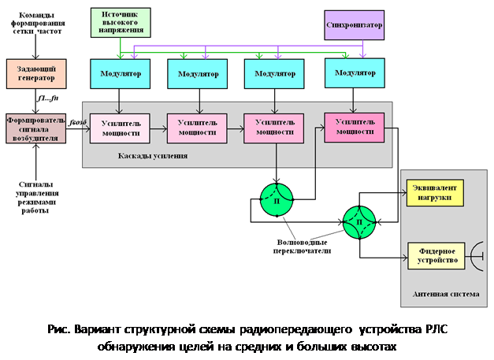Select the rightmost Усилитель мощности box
click(355, 126)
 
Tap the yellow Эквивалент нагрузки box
click(433, 192)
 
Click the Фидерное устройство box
click(433, 254)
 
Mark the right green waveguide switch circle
click(359, 223)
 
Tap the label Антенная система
click(444, 296)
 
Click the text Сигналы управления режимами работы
click(37, 196)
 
